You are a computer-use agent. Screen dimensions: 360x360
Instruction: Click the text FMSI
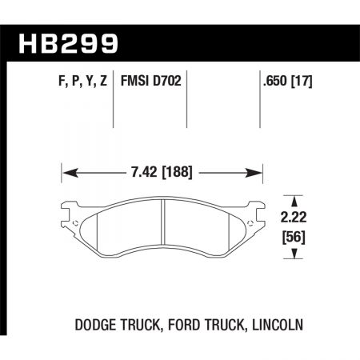(133, 82)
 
